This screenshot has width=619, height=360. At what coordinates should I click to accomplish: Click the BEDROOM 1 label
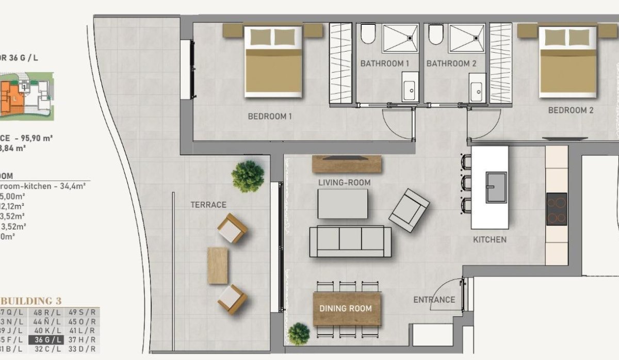coord(270,117)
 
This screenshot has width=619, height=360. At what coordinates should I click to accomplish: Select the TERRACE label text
coord(208,205)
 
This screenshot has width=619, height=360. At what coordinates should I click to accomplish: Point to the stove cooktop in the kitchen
coord(556,209)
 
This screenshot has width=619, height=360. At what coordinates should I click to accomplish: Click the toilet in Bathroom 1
coord(368,35)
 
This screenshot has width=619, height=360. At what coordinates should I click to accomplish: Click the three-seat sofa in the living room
coord(350,241)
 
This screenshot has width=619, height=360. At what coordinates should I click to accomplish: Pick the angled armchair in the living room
coord(409,210)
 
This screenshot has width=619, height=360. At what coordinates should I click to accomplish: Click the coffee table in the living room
coord(343,204)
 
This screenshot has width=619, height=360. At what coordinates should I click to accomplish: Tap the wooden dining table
coord(347,308)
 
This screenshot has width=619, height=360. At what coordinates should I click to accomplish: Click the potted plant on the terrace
coord(248,176)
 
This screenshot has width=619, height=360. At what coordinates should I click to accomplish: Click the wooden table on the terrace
coord(218,265)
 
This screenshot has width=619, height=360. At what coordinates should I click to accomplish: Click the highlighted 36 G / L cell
coord(46,339)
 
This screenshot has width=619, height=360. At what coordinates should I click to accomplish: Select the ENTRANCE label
coord(434,300)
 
